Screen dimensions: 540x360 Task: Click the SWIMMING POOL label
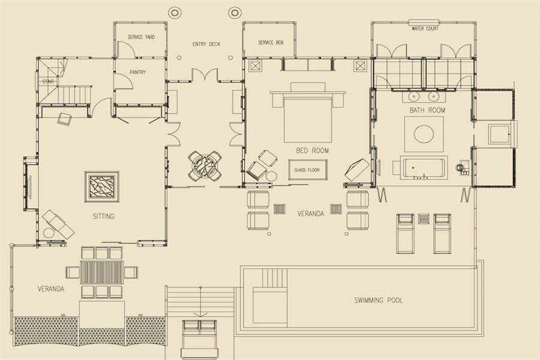point(379,300)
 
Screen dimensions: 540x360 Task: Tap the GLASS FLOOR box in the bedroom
point(308,170)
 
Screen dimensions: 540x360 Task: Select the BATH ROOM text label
point(427,110)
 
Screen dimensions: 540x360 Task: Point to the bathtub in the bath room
point(424,168)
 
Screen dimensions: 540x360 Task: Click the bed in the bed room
point(308,119)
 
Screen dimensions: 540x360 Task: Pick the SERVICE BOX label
point(271,43)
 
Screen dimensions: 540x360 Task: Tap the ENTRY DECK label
point(206,44)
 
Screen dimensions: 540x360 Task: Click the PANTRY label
point(138,73)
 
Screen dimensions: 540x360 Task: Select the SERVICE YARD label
point(141,37)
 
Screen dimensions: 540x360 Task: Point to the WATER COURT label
point(425,29)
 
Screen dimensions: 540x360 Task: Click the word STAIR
point(48,82)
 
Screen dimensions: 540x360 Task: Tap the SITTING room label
point(103,217)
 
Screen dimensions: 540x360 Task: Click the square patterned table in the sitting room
point(102,187)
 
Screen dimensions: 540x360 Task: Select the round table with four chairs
point(205,166)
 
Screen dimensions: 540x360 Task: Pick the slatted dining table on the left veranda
point(101,272)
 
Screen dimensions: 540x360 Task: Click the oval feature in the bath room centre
point(424,134)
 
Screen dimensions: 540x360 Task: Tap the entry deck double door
point(205,74)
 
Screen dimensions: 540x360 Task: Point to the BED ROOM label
point(313,151)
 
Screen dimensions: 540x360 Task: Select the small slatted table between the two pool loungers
point(424,219)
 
